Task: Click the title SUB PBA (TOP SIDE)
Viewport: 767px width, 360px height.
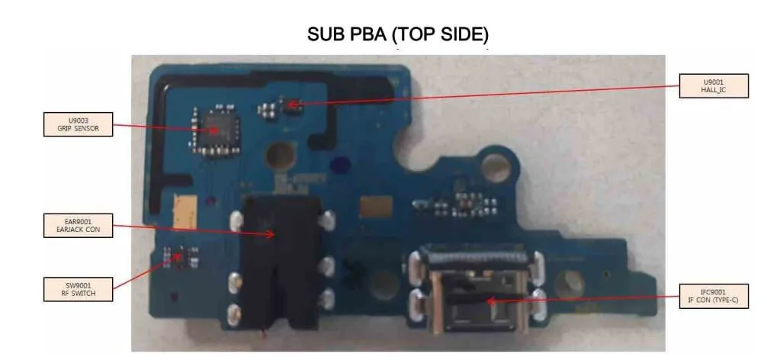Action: tap(398, 34)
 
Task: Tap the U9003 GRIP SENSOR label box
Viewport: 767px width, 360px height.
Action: tap(79, 124)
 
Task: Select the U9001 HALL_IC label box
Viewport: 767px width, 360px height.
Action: tap(714, 85)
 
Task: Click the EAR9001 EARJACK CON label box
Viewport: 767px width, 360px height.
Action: tap(79, 226)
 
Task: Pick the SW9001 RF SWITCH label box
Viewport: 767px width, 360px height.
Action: tap(79, 289)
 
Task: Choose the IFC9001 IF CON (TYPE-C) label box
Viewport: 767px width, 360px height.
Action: tap(714, 296)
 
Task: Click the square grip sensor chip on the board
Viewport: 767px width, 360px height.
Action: tap(215, 130)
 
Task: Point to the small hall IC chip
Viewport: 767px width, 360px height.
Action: tap(293, 104)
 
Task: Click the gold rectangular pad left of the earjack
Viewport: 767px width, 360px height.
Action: tap(185, 210)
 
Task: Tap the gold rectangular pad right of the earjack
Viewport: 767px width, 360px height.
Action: tap(376, 207)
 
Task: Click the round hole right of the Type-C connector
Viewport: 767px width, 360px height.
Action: tap(570, 283)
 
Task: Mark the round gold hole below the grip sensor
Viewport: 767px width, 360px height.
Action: tap(279, 156)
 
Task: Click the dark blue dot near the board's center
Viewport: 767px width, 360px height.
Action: tap(338, 166)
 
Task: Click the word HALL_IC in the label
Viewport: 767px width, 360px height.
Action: tap(714, 91)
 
